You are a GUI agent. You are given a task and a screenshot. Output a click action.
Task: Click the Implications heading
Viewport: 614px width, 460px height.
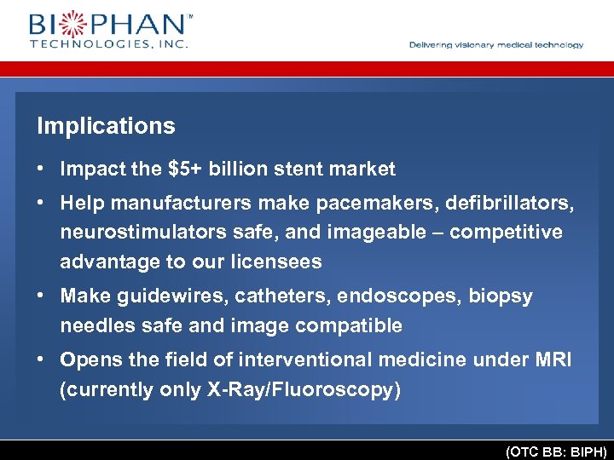106,126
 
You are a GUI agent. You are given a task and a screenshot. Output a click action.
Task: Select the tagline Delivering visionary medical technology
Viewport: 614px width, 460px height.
496,45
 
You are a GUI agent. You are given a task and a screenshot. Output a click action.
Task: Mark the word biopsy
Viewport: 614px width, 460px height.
501,296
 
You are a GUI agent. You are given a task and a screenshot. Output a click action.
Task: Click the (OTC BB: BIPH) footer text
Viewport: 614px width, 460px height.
555,451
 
